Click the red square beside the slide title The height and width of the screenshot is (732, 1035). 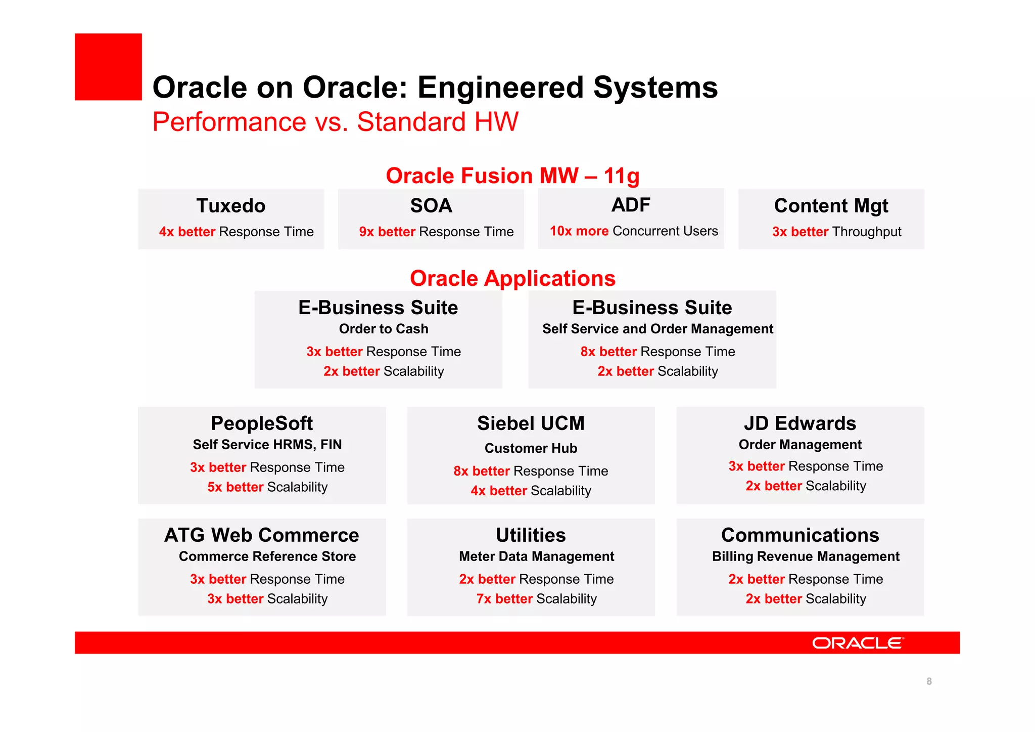point(108,67)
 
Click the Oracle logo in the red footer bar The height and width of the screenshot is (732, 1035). point(857,643)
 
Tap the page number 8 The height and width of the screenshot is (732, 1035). point(929,681)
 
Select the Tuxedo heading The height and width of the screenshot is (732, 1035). point(230,206)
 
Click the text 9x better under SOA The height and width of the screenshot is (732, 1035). point(387,232)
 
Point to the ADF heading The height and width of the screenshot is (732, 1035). point(631,205)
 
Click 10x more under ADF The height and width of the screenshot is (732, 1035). point(579,231)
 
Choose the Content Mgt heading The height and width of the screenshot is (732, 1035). point(831,206)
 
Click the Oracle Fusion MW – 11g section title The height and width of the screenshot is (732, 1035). point(512,176)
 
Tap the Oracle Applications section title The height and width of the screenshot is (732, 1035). point(512,278)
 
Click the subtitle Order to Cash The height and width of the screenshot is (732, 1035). point(384,329)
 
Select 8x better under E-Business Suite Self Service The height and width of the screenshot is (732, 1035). point(608,352)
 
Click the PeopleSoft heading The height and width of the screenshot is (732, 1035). point(262,423)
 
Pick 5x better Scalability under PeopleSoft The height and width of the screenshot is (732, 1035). point(267,487)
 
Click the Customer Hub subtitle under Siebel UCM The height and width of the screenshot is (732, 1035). point(531,448)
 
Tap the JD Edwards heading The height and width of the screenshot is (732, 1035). point(800,423)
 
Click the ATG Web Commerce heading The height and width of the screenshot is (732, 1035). point(262,535)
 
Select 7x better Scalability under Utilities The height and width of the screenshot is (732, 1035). point(536,599)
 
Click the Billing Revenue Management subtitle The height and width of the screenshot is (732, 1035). point(806,556)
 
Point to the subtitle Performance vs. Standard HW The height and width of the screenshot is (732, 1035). point(335,122)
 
